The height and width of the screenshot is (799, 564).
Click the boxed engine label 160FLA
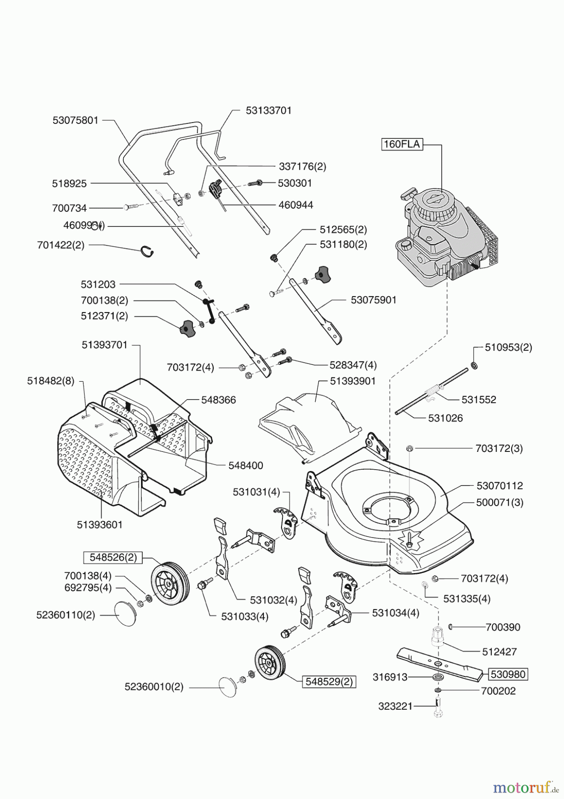coord(402,145)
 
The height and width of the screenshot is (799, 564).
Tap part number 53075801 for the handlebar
coord(75,120)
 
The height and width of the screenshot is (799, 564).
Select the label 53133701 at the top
coord(269,111)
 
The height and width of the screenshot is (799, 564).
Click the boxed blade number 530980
coord(508,674)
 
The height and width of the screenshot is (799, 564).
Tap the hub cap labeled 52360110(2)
coord(124,614)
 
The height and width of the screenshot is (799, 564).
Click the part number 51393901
coord(353,381)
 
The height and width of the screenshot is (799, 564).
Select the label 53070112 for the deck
coord(500,486)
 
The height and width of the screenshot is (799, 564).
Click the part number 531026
coord(446,418)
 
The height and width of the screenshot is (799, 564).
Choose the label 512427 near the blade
coord(500,652)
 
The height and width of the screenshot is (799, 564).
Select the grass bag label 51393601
coord(100,524)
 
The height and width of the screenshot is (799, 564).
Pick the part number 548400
coord(246,466)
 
